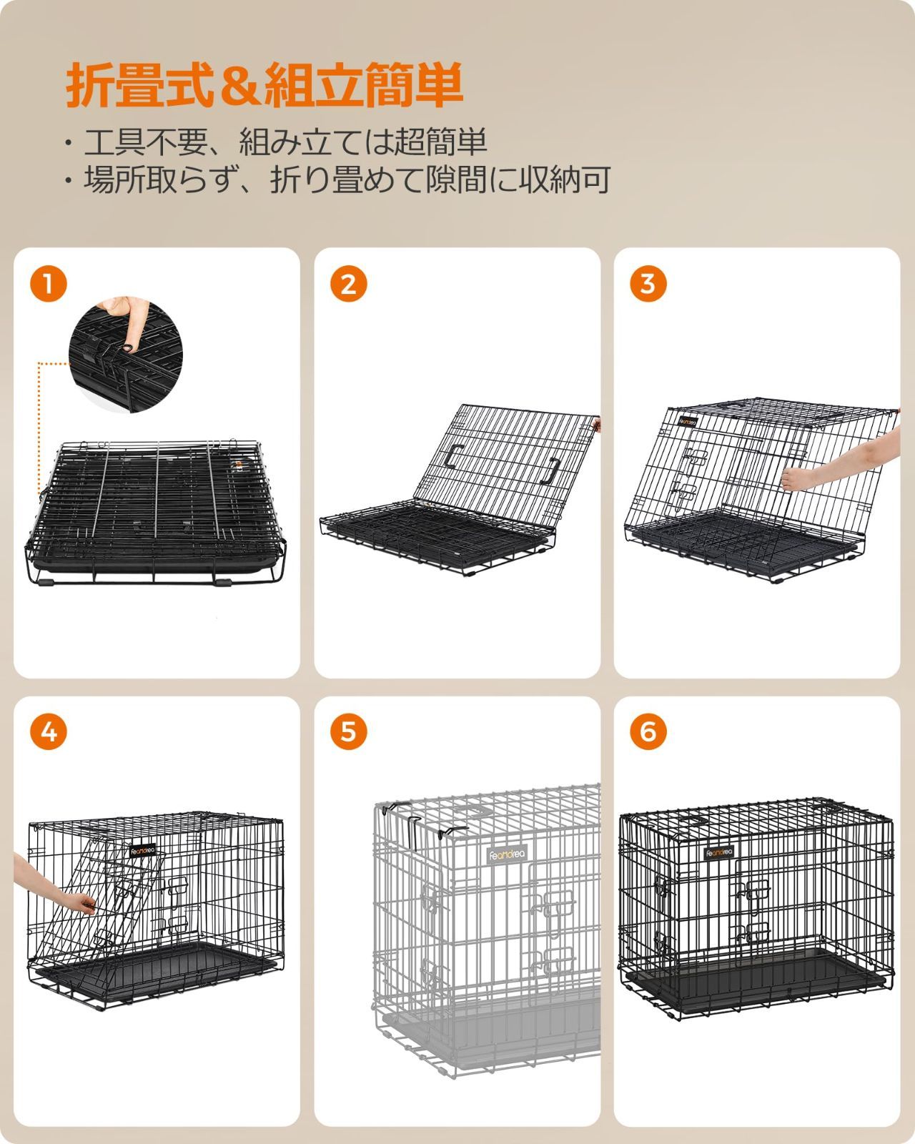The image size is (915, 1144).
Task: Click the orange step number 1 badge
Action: (x=48, y=284)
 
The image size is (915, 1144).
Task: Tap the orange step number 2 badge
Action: (x=348, y=284)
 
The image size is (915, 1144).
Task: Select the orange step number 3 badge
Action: (x=648, y=284)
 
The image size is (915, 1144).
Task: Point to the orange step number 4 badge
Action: (x=48, y=731)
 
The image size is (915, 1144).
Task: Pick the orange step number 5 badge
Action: (x=348, y=731)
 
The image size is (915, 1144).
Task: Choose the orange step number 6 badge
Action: (x=648, y=731)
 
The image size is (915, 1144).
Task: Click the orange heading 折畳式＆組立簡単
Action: (x=264, y=86)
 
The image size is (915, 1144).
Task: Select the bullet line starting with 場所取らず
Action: (x=336, y=180)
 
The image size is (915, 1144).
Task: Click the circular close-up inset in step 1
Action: (x=126, y=355)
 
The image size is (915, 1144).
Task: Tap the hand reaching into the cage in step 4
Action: (x=50, y=887)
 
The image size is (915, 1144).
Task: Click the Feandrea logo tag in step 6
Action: (x=719, y=852)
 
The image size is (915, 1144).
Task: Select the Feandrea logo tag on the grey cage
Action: (x=507, y=854)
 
